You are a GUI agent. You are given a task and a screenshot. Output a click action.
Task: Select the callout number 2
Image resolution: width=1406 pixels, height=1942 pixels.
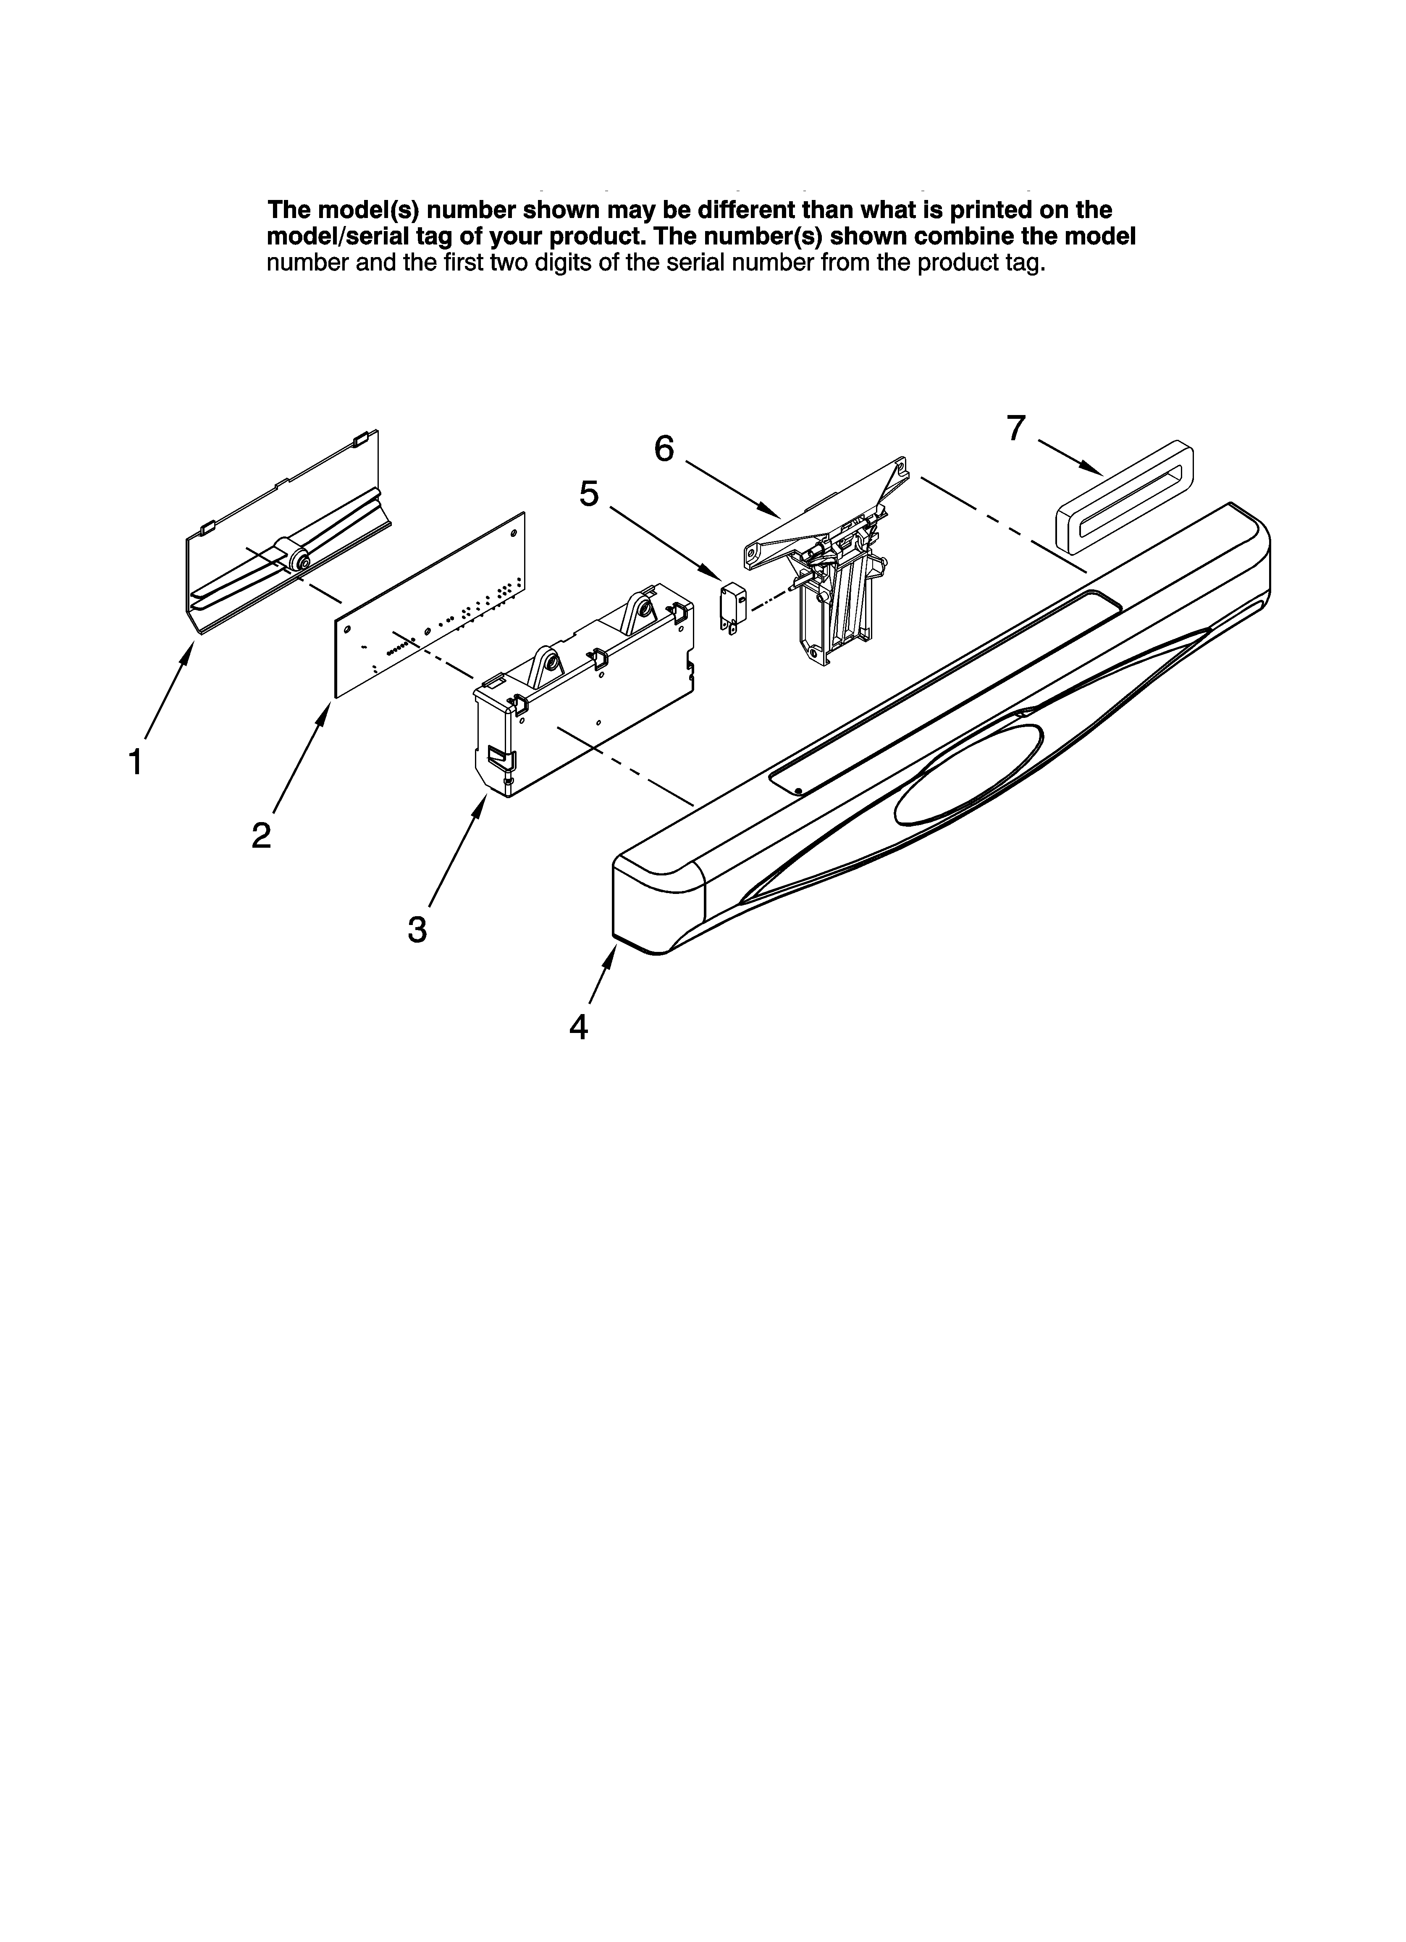[x=261, y=835]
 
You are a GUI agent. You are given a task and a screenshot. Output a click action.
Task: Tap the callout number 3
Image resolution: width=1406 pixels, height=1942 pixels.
[x=417, y=929]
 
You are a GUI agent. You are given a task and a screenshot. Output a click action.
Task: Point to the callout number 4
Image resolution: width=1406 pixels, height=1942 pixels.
[x=579, y=1027]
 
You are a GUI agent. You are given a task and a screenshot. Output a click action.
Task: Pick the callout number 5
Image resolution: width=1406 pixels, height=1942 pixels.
[x=589, y=494]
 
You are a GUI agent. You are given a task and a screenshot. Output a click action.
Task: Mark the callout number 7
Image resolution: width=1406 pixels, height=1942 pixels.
[x=1015, y=428]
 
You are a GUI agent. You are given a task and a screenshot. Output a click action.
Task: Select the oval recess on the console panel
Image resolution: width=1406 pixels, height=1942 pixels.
[x=968, y=775]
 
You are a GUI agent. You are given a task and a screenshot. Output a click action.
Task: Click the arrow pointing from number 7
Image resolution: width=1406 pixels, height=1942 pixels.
[x=1070, y=456]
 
